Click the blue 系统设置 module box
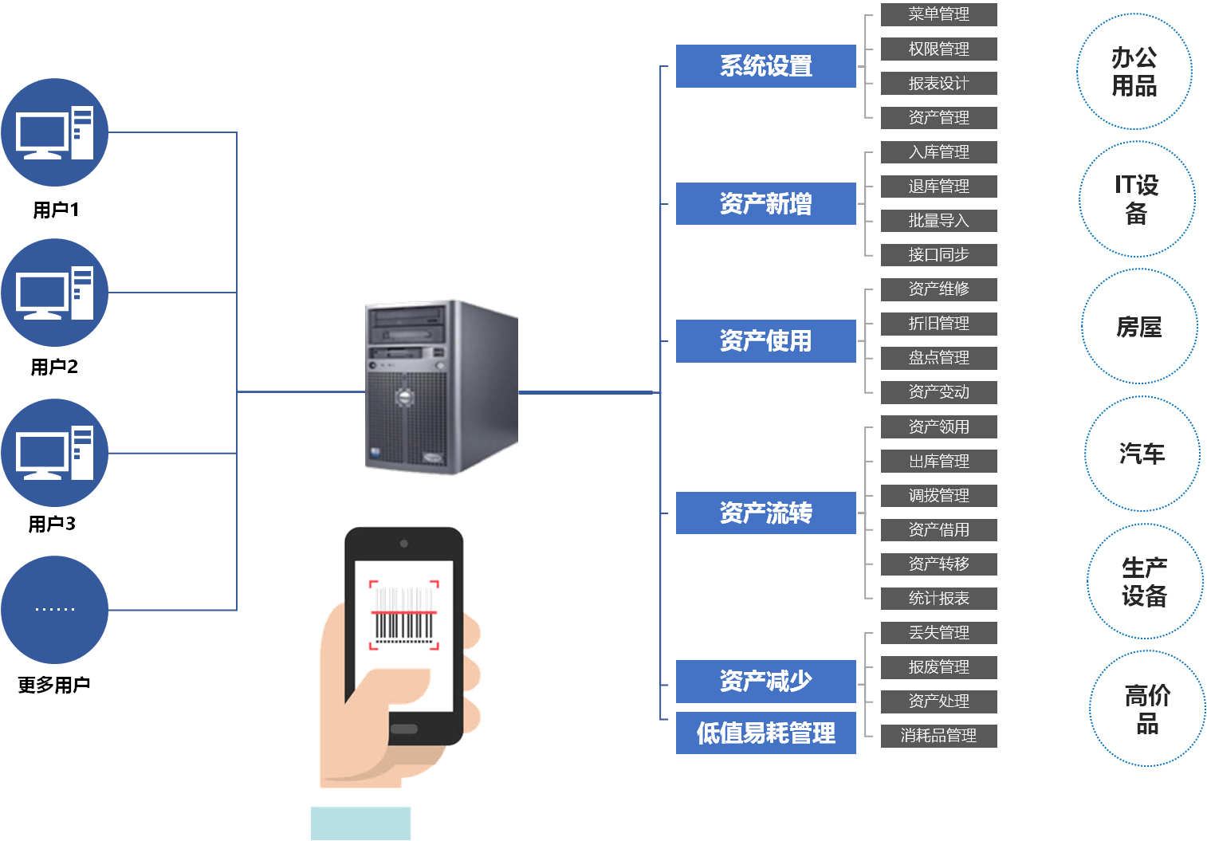[x=765, y=66]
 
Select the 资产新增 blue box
[x=765, y=204]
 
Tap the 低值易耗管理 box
[x=765, y=733]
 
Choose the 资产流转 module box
[x=765, y=513]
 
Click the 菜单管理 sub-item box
[x=938, y=14]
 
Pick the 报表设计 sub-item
[x=938, y=83]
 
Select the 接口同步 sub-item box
[x=938, y=255]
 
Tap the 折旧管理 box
[x=938, y=324]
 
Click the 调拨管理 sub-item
[x=938, y=496]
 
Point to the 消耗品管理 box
[x=938, y=736]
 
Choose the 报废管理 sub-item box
[x=938, y=667]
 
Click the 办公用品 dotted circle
[x=1134, y=72]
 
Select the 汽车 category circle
[x=1142, y=454]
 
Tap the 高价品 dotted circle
[x=1147, y=709]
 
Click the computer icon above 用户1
[x=54, y=132]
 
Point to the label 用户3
[x=52, y=525]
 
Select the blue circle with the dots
[x=54, y=610]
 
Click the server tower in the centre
[x=441, y=387]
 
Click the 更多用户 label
[x=53, y=685]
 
